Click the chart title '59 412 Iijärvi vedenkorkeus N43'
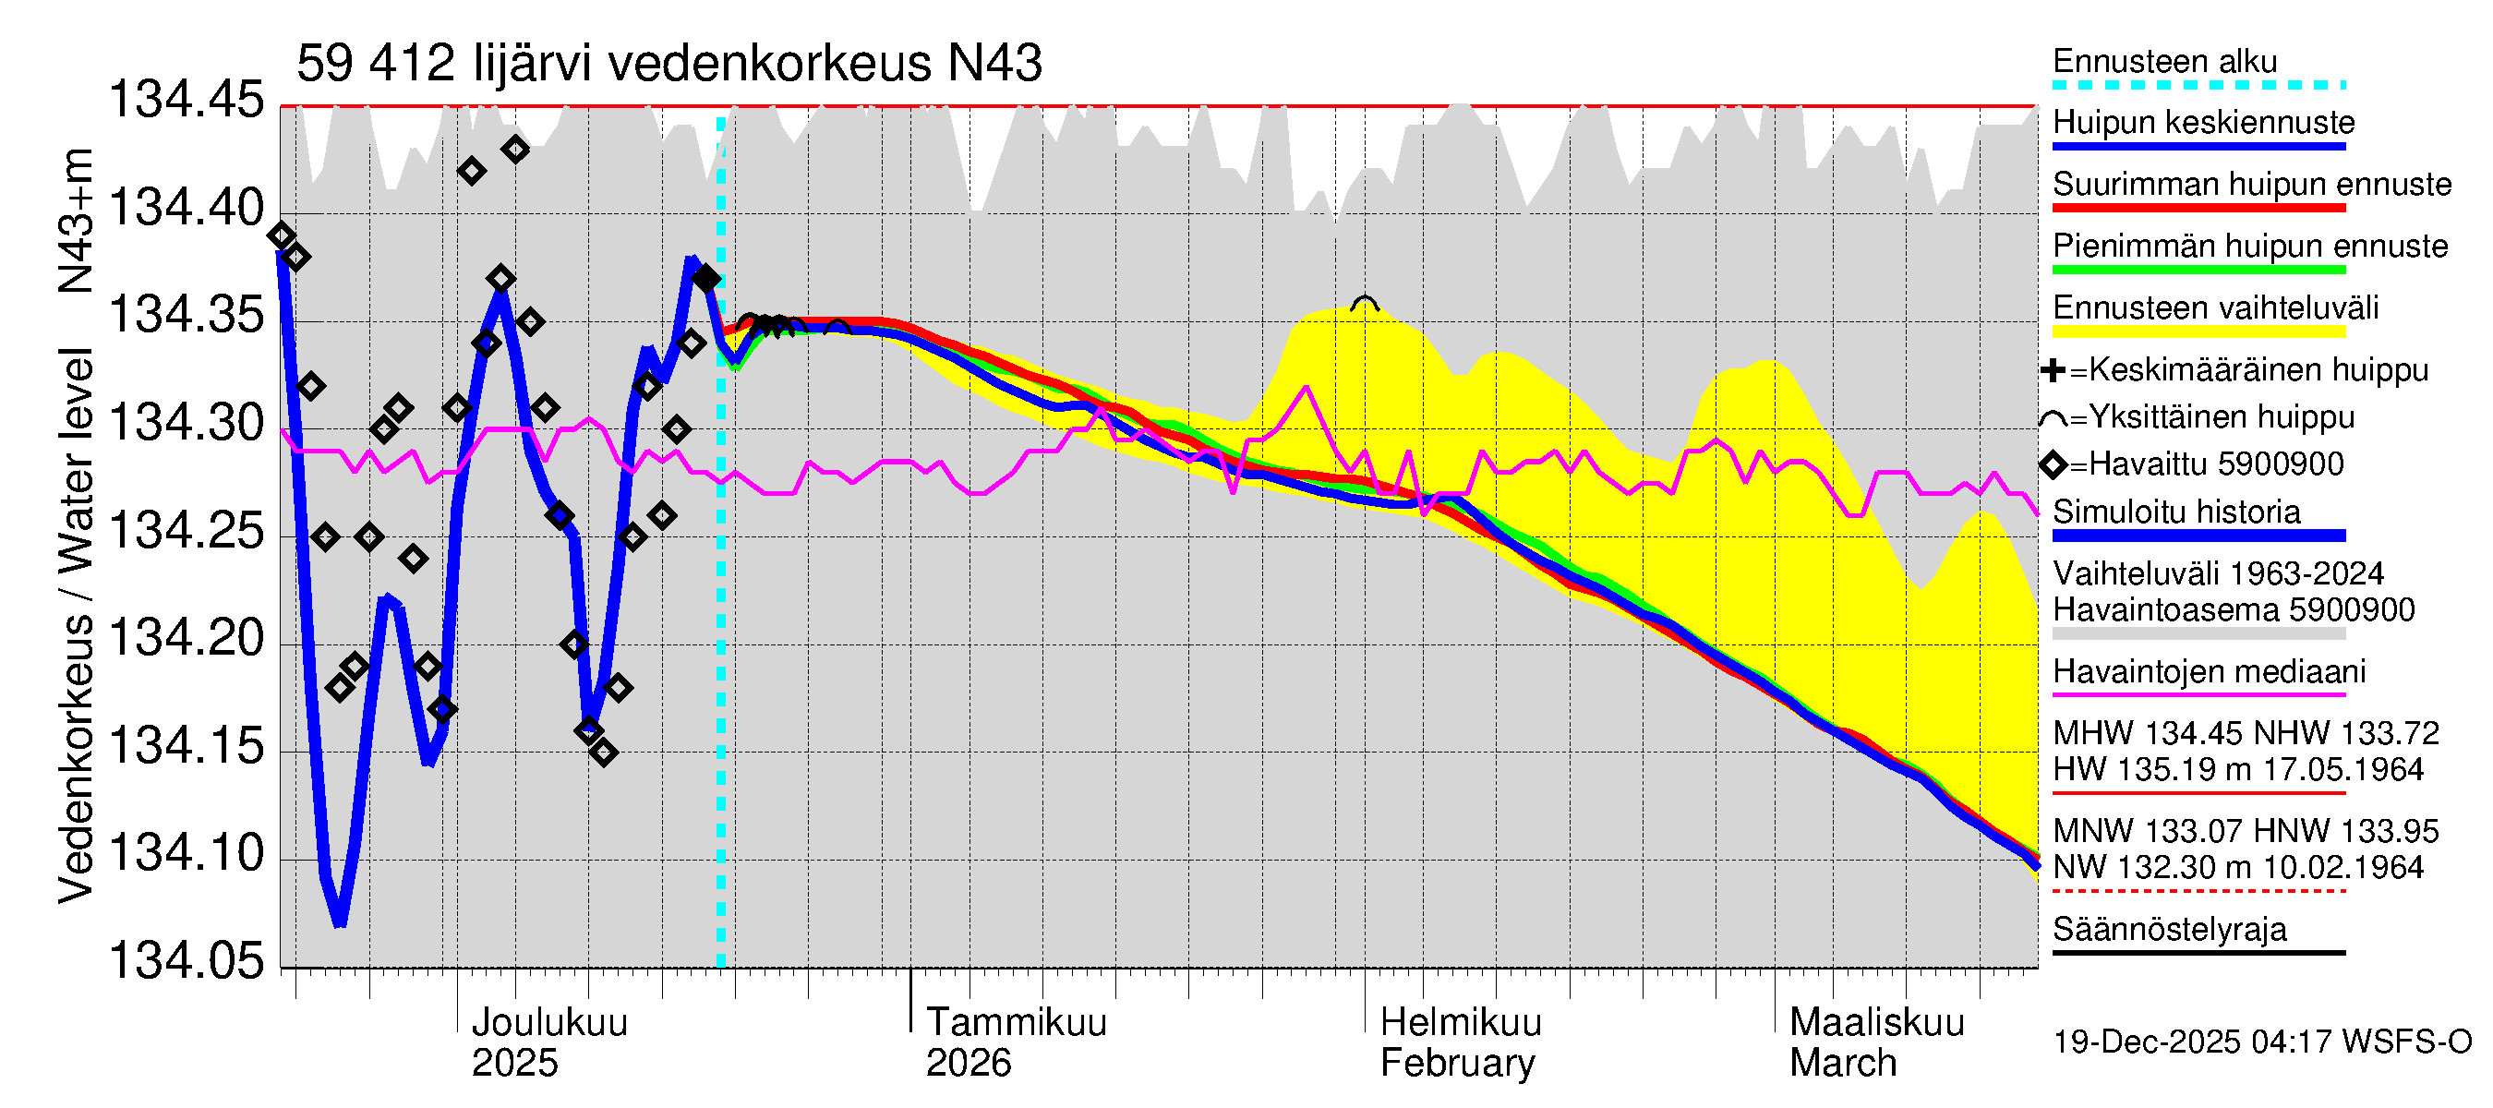[x=668, y=64]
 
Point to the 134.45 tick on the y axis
[x=186, y=100]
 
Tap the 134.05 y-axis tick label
[x=186, y=961]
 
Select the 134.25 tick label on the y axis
[x=186, y=530]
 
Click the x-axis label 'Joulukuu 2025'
[x=548, y=1042]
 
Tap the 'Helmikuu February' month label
[x=1460, y=1042]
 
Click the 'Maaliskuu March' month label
[x=1875, y=1042]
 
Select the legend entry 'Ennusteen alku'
[x=2165, y=62]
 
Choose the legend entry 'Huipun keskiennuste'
[x=2204, y=123]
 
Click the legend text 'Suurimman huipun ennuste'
[x=2252, y=185]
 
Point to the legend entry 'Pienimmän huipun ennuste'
[x=2250, y=247]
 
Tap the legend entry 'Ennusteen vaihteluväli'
[x=2215, y=308]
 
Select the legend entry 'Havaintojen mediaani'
[x=2209, y=671]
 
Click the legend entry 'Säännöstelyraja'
[x=2170, y=930]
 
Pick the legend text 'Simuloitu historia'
[x=2176, y=512]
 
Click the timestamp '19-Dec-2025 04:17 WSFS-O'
[x=2261, y=1042]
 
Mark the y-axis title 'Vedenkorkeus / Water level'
[x=76, y=625]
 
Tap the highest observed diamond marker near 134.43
[x=516, y=150]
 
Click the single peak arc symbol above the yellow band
[x=1364, y=304]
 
